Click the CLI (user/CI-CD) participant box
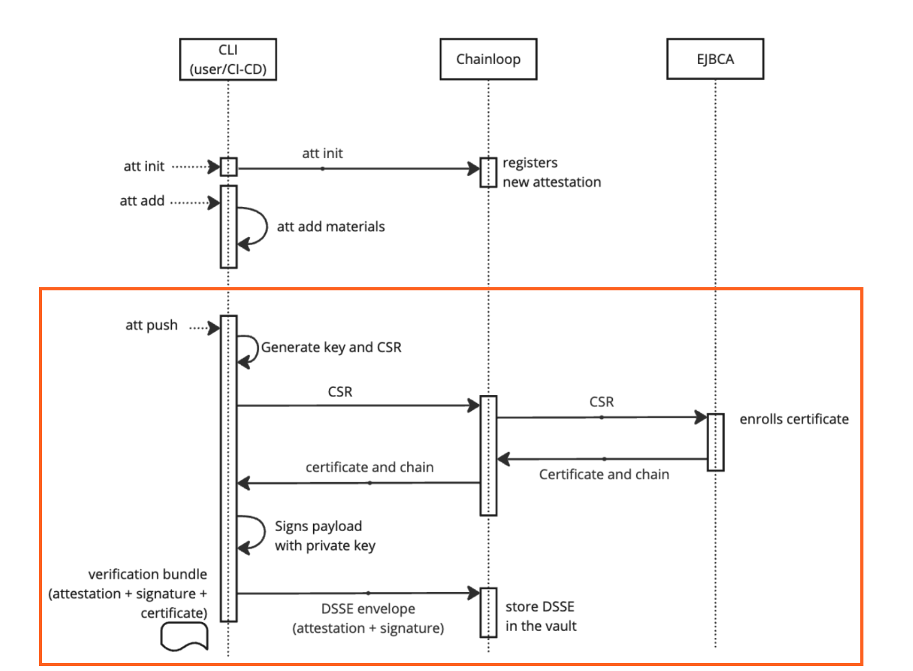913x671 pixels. (228, 60)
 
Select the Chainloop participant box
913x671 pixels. (488, 60)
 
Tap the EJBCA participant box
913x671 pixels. (715, 60)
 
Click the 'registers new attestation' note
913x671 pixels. (551, 172)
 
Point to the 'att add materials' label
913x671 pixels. (331, 227)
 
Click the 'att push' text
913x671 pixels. (151, 325)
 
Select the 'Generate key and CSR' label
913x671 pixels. (331, 347)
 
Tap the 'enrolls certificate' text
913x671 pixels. (794, 420)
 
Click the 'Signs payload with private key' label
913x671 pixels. (324, 536)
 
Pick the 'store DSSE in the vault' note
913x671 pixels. (540, 616)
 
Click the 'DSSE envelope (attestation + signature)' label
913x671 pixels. (368, 618)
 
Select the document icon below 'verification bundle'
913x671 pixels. (184, 637)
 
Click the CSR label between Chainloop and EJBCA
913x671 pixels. (601, 402)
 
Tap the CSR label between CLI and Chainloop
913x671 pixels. (340, 392)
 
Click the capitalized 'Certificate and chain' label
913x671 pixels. (604, 475)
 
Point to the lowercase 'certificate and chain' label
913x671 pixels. (369, 467)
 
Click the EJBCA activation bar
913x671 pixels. (715, 441)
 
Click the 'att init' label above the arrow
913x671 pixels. (323, 154)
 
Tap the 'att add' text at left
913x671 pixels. (142, 201)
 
